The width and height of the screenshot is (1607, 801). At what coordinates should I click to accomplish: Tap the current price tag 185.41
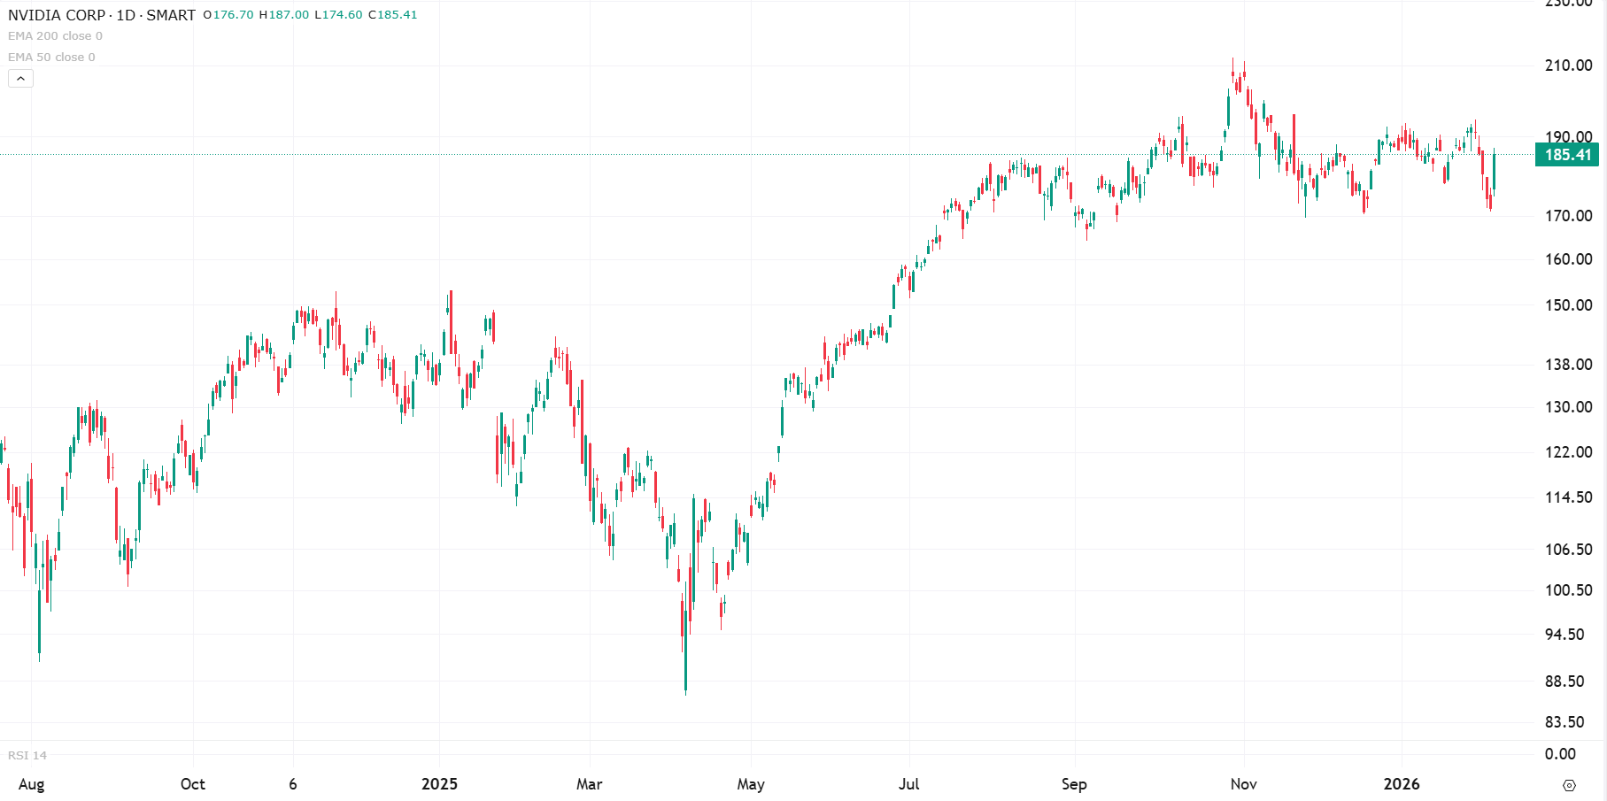[x=1567, y=155]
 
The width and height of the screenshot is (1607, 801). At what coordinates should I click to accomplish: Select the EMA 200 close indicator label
[x=55, y=36]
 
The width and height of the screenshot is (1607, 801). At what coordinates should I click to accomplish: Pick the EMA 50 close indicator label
[x=51, y=58]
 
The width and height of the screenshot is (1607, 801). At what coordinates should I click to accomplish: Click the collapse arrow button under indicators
[x=20, y=79]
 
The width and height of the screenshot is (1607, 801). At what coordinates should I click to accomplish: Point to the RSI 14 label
[x=27, y=755]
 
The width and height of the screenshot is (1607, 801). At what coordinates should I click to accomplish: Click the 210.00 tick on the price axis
[x=1568, y=65]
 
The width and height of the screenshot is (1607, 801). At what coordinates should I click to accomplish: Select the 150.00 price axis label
[x=1568, y=305]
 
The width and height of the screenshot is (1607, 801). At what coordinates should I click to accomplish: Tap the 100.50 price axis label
[x=1568, y=590]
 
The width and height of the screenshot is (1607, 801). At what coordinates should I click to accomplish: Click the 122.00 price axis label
[x=1568, y=452]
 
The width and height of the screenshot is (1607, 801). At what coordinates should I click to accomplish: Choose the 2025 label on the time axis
[x=439, y=784]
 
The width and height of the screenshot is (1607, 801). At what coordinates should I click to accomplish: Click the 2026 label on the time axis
[x=1402, y=784]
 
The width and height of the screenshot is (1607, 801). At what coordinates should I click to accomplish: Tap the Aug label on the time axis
[x=31, y=784]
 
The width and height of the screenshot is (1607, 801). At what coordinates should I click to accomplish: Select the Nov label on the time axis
[x=1243, y=784]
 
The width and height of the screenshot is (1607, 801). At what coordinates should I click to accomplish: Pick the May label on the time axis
[x=751, y=784]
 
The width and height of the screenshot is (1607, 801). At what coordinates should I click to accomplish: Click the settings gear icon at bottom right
[x=1569, y=785]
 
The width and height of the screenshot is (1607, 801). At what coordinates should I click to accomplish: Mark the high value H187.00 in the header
[x=284, y=15]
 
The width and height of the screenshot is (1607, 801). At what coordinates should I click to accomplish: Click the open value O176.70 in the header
[x=228, y=15]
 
